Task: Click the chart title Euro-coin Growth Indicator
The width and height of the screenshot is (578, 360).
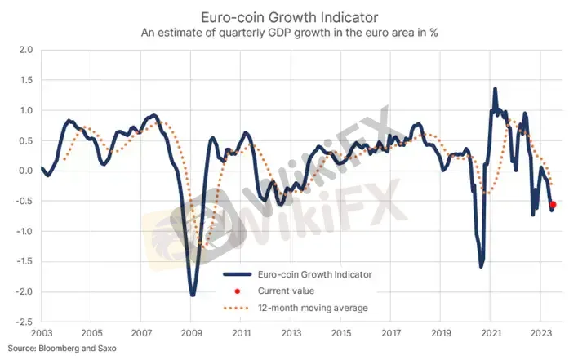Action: (288, 16)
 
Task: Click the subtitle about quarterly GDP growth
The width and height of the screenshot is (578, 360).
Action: (288, 33)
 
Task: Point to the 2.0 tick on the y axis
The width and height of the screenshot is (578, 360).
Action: (25, 50)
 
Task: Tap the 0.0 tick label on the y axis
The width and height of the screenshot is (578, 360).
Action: (25, 171)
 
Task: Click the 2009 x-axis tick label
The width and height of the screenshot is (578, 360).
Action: (191, 333)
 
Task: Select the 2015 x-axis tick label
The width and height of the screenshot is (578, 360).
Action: (341, 333)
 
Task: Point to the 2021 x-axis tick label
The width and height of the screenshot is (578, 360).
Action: (491, 333)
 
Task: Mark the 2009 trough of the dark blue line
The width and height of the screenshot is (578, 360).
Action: (193, 295)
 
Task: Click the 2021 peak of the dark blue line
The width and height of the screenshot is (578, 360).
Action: (495, 90)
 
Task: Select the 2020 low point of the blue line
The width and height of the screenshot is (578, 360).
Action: (481, 266)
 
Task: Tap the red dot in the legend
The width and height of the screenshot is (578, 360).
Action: (237, 291)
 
